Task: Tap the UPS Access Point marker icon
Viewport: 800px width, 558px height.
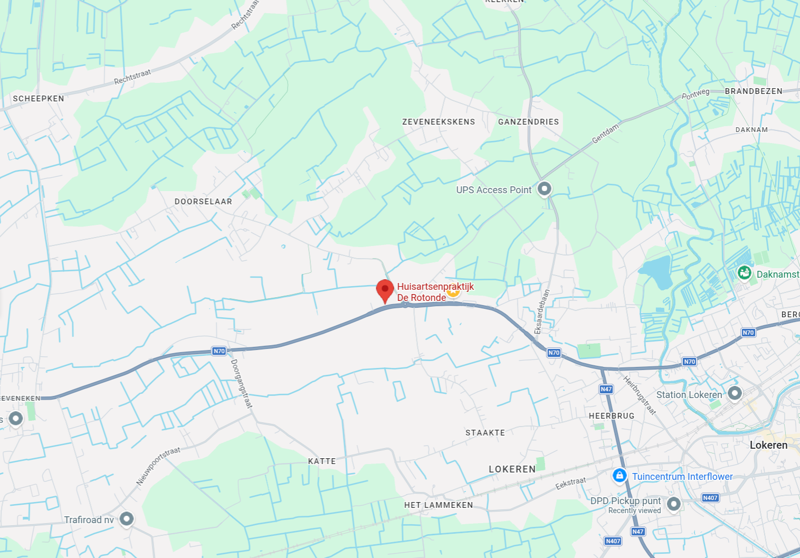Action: pyautogui.click(x=544, y=188)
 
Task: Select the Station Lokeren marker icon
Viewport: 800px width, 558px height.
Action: pyautogui.click(x=735, y=393)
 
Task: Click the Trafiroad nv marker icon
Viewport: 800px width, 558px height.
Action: pyautogui.click(x=126, y=518)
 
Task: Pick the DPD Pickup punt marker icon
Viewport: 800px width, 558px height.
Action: pyautogui.click(x=673, y=503)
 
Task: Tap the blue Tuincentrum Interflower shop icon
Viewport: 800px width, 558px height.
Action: pyautogui.click(x=619, y=476)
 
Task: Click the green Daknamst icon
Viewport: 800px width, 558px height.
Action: pyautogui.click(x=744, y=273)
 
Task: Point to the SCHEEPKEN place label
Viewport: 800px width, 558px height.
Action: pyautogui.click(x=39, y=99)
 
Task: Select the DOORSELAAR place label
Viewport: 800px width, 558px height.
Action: pyautogui.click(x=203, y=202)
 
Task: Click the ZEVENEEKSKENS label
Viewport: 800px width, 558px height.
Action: pyautogui.click(x=439, y=122)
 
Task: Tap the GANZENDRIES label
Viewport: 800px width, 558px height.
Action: pyautogui.click(x=528, y=122)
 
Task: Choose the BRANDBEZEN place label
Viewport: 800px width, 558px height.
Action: pyautogui.click(x=754, y=91)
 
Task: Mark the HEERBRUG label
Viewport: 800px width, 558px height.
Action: pyautogui.click(x=612, y=416)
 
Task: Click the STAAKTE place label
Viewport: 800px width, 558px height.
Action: pyautogui.click(x=485, y=433)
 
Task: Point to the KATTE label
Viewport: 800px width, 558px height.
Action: pyautogui.click(x=322, y=461)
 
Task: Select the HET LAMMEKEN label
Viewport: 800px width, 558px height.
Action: pyautogui.click(x=439, y=505)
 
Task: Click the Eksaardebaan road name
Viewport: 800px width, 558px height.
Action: pyautogui.click(x=542, y=311)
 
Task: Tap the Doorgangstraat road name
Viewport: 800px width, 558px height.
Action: pyautogui.click(x=242, y=384)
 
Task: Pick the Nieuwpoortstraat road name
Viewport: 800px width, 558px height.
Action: pyautogui.click(x=158, y=466)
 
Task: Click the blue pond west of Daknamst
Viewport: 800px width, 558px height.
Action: pyautogui.click(x=656, y=271)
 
